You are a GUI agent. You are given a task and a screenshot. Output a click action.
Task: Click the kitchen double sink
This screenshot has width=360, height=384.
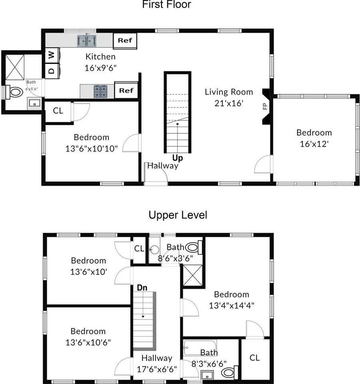(x=87, y=40)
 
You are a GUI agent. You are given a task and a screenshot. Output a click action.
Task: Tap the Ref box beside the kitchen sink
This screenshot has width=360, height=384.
(x=126, y=40)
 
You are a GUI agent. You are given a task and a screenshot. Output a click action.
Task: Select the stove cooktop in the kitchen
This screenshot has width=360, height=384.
(x=101, y=91)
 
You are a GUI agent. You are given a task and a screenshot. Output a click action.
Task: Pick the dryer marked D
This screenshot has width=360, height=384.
(x=51, y=70)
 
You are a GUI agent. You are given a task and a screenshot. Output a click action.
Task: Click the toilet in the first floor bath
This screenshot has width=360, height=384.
(x=15, y=92)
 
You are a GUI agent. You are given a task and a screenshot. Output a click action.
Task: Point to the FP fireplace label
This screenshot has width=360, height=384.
(x=264, y=106)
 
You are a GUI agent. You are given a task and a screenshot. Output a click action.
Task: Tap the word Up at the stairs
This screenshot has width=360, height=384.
(x=178, y=158)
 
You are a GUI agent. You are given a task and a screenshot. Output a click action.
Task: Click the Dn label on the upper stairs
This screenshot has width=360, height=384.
(x=142, y=288)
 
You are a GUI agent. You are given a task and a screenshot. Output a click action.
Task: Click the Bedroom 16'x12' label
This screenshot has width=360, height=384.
(x=314, y=138)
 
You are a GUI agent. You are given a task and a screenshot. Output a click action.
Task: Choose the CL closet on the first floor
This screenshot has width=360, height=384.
(x=58, y=111)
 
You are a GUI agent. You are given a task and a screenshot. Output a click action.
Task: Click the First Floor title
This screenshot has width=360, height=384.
(x=166, y=5)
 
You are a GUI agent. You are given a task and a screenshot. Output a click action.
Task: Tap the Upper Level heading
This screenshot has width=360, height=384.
(x=178, y=215)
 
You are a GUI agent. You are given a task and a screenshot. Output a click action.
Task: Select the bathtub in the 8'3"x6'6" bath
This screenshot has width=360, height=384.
(x=200, y=345)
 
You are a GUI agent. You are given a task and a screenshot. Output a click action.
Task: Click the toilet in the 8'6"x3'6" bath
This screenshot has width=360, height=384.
(x=193, y=247)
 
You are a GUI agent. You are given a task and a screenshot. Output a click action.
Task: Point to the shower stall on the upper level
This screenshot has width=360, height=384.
(x=193, y=276)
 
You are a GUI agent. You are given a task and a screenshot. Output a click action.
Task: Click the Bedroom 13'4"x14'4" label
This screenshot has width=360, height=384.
(x=232, y=300)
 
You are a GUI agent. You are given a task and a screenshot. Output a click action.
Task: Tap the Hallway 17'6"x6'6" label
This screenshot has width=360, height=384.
(x=157, y=363)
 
